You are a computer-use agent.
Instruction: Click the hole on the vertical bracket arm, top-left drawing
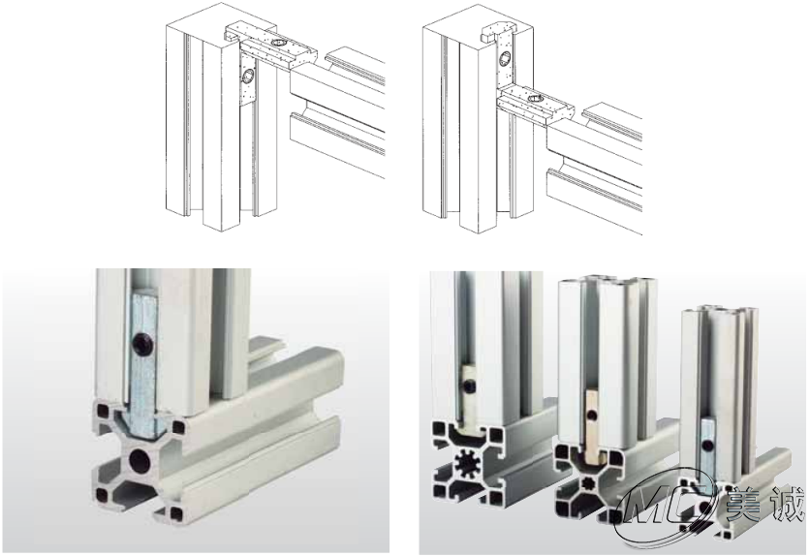pos(248,77)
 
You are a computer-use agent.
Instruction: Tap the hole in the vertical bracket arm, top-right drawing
pos(504,58)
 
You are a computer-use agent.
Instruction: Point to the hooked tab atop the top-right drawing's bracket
pos(488,34)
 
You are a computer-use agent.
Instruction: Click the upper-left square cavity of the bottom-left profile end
pos(103,412)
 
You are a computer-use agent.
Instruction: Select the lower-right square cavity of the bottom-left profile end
pos(175,513)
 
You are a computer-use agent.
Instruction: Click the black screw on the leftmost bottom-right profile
pos(469,386)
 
